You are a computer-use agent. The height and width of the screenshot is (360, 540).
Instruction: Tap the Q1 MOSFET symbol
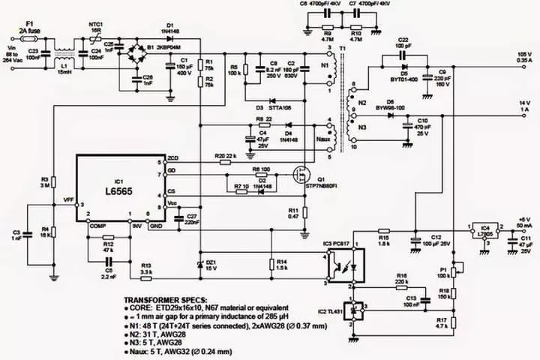click(x=303, y=175)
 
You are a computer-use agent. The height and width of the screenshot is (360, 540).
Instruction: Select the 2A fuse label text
click(x=28, y=31)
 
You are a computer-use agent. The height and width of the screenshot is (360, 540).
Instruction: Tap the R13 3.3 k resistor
click(x=145, y=277)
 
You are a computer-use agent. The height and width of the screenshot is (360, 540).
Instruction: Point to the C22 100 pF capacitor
click(x=403, y=54)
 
